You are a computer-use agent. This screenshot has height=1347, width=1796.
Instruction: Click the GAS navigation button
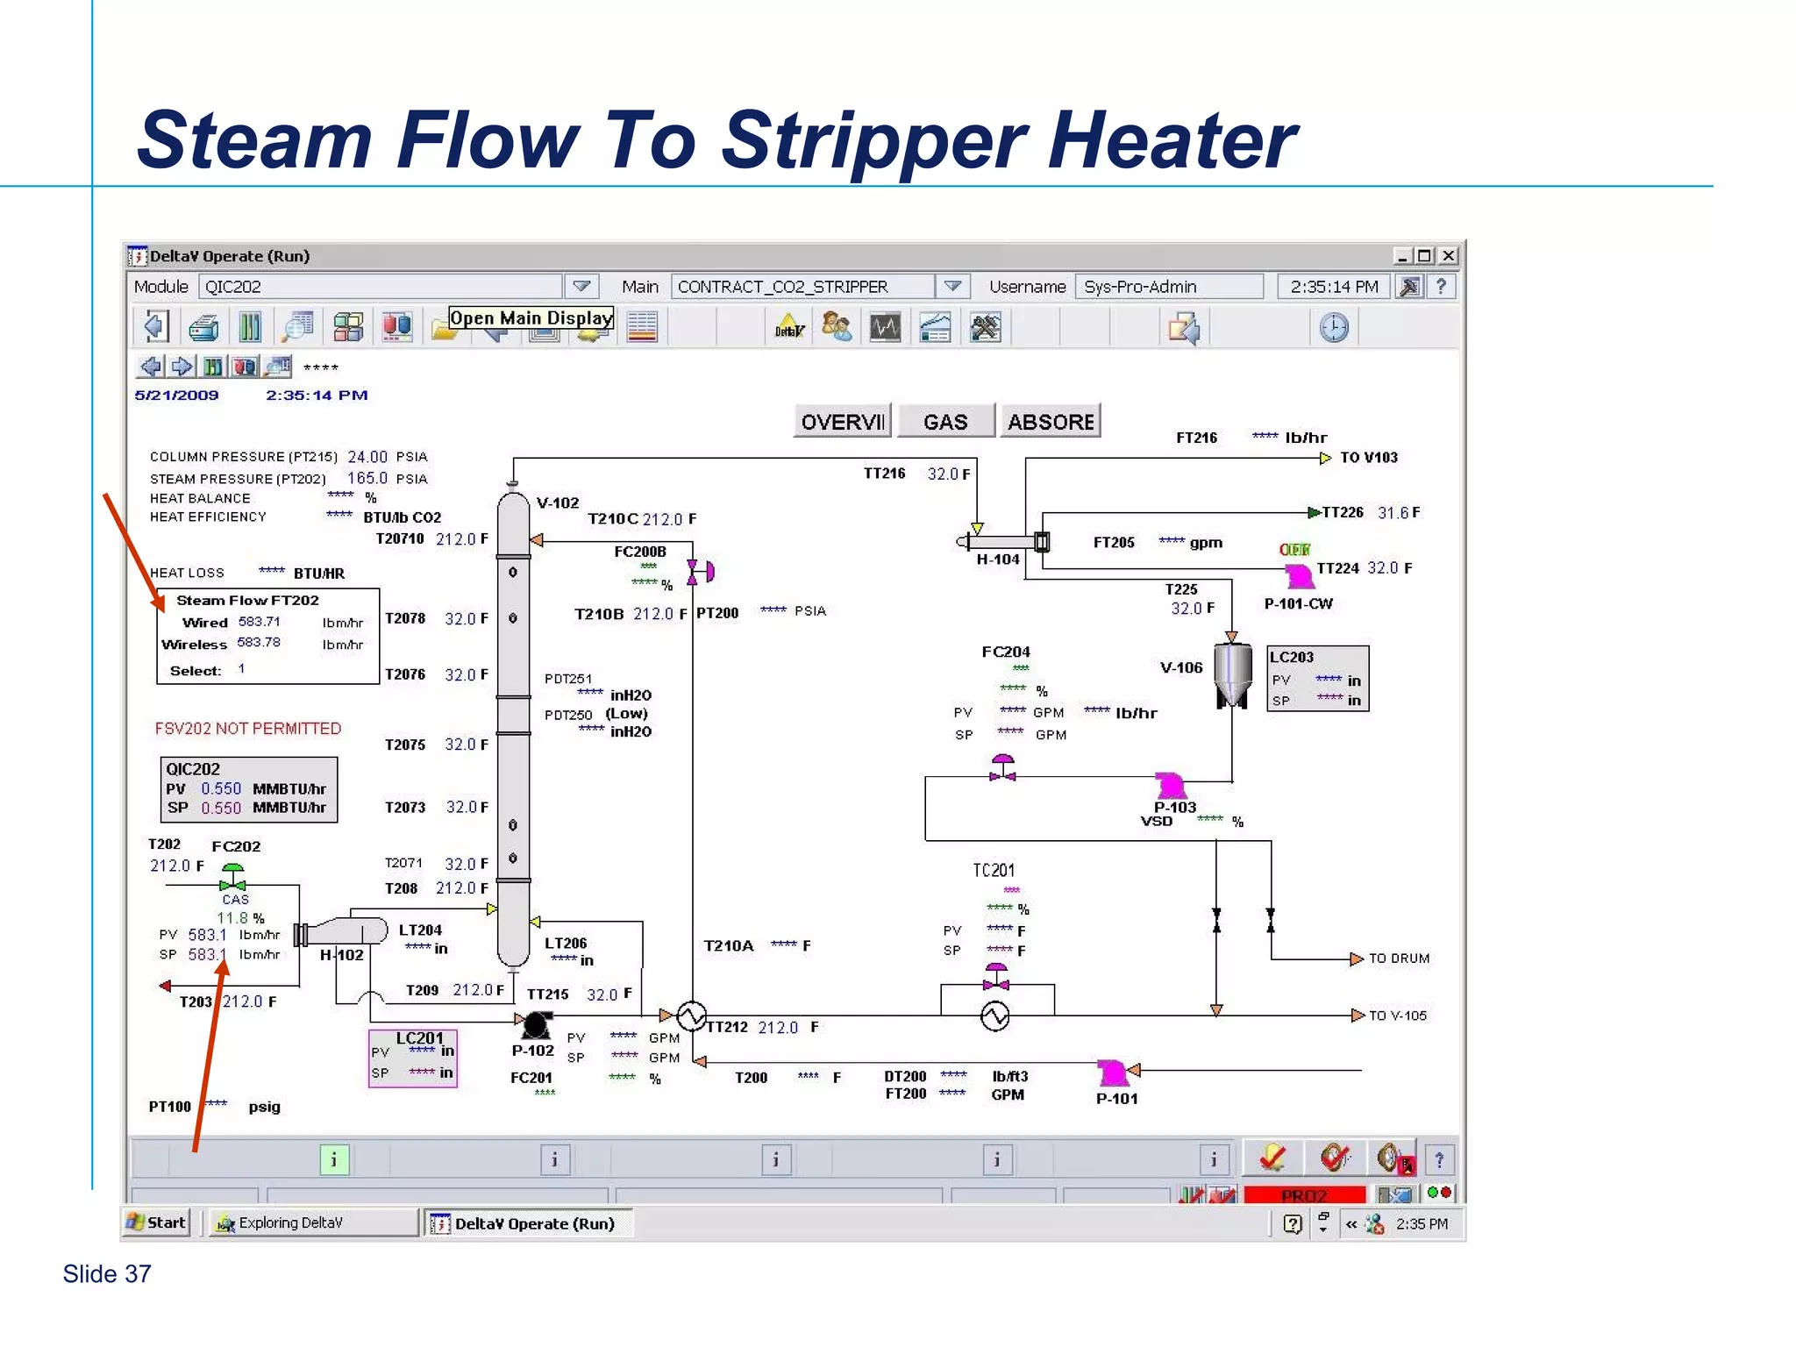pyautogui.click(x=945, y=422)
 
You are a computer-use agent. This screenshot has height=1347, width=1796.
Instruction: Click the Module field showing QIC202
pyautogui.click(x=380, y=287)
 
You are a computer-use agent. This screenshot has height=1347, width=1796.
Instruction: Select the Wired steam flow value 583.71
pyautogui.click(x=260, y=622)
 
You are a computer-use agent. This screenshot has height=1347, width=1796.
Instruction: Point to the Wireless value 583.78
pyautogui.click(x=259, y=643)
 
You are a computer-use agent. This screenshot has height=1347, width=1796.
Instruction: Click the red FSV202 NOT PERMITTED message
pyautogui.click(x=248, y=729)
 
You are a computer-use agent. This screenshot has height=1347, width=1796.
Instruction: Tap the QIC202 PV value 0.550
pyautogui.click(x=220, y=788)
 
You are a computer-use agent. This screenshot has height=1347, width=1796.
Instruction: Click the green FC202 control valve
pyautogui.click(x=232, y=876)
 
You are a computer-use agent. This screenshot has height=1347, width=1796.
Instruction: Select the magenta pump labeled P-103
pyautogui.click(x=1170, y=785)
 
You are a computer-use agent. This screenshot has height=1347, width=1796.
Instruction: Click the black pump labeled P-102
pyautogui.click(x=536, y=1023)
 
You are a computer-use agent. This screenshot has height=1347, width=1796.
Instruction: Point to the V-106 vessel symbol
pyautogui.click(x=1232, y=673)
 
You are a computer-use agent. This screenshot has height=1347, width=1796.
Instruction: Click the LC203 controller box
pyautogui.click(x=1317, y=679)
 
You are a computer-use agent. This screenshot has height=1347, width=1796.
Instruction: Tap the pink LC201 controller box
pyautogui.click(x=413, y=1058)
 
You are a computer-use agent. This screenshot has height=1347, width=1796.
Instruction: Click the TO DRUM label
pyautogui.click(x=1399, y=959)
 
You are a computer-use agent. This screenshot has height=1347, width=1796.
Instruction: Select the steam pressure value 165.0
pyautogui.click(x=367, y=479)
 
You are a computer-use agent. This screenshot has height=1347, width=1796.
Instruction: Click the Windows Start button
pyautogui.click(x=157, y=1222)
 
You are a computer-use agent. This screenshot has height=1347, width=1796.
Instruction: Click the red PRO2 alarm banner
pyautogui.click(x=1304, y=1195)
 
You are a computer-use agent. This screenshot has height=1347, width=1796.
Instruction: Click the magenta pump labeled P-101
pyautogui.click(x=1113, y=1073)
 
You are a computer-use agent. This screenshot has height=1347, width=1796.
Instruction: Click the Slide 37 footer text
pyautogui.click(x=107, y=1274)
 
